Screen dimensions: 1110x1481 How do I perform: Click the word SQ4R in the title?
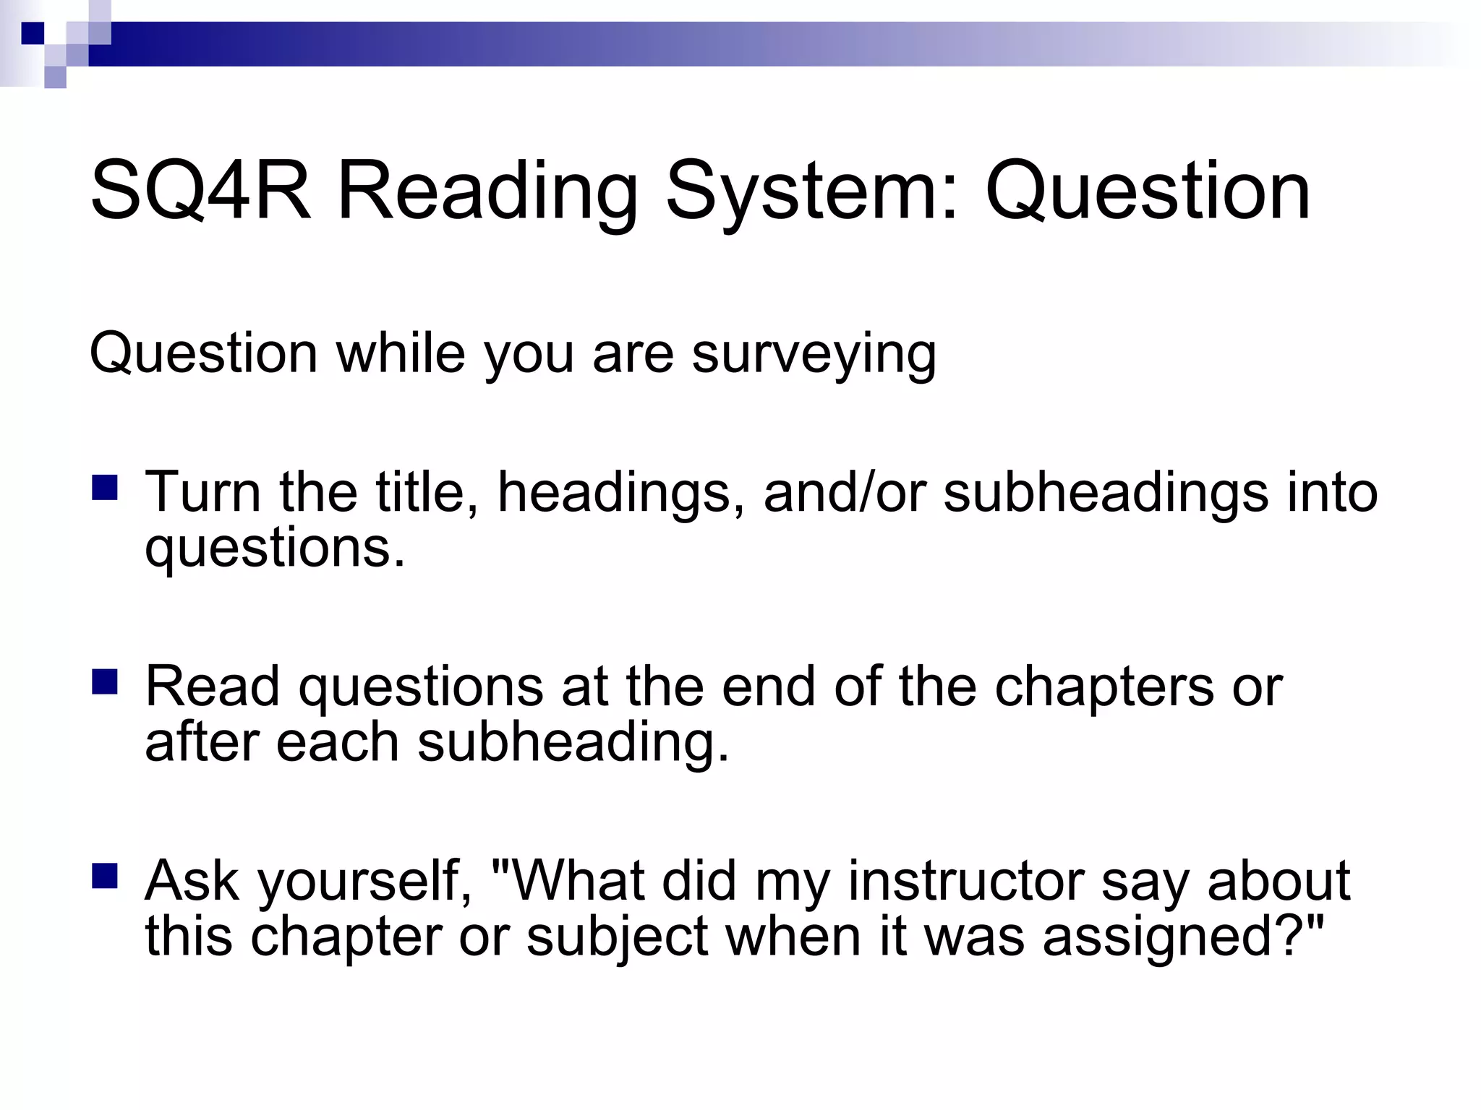pyautogui.click(x=200, y=192)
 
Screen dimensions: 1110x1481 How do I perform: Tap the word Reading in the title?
pyautogui.click(x=487, y=192)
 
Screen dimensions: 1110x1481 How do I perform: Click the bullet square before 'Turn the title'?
pyautogui.click(x=105, y=488)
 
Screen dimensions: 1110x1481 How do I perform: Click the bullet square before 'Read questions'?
pyautogui.click(x=105, y=681)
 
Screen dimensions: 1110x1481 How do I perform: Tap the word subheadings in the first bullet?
pyautogui.click(x=1106, y=493)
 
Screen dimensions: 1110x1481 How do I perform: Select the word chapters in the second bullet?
pyautogui.click(x=1104, y=687)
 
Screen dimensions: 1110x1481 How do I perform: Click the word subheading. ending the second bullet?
pyautogui.click(x=573, y=743)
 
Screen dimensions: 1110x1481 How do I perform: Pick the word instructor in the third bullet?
pyautogui.click(x=966, y=881)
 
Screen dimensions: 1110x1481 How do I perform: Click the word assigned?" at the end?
pyautogui.click(x=1183, y=937)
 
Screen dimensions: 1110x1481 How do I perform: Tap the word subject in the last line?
pyautogui.click(x=617, y=937)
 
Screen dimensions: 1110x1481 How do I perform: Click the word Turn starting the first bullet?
pyautogui.click(x=202, y=493)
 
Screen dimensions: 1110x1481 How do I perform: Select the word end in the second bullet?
pyautogui.click(x=768, y=687)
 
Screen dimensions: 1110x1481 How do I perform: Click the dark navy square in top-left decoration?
pyautogui.click(x=33, y=33)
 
